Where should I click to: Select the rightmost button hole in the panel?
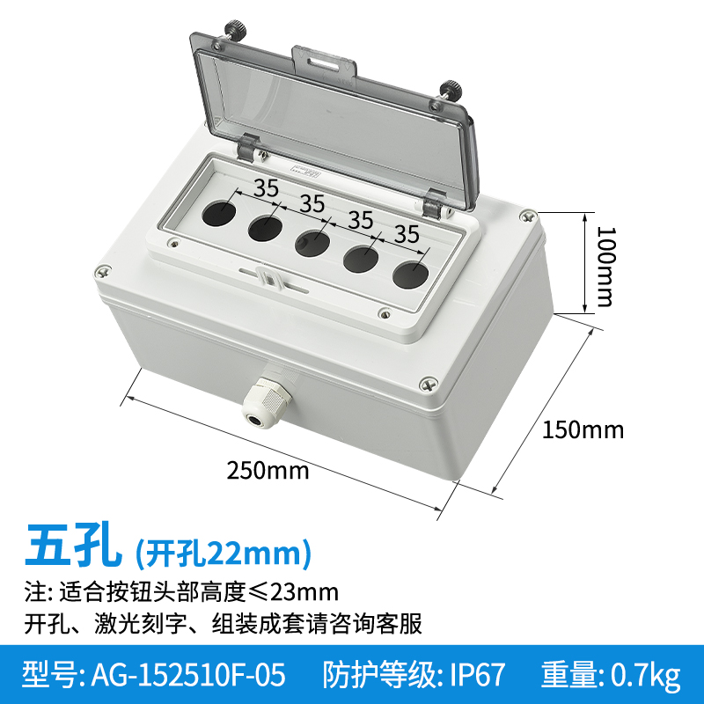pos(407,274)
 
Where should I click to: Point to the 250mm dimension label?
pos(268,470)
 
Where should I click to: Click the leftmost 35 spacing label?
pos(266,187)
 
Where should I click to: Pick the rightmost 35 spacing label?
pos(406,234)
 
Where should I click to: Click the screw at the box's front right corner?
pos(427,383)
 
